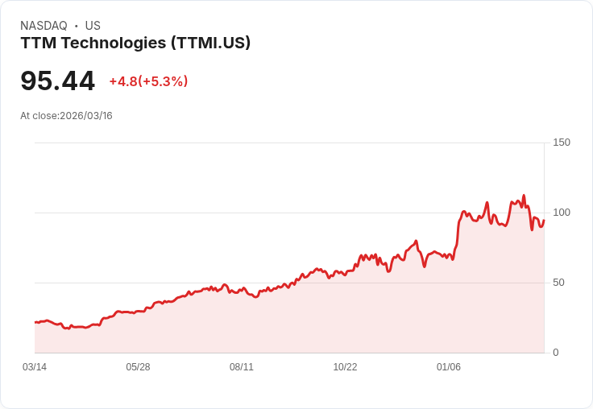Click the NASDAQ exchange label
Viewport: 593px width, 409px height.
point(44,26)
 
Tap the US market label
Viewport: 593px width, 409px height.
point(93,26)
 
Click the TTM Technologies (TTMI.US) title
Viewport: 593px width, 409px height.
point(135,43)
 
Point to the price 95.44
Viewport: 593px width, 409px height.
point(57,81)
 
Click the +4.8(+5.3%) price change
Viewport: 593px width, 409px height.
point(148,81)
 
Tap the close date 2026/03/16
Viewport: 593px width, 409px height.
point(86,116)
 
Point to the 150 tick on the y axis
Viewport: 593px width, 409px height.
point(561,143)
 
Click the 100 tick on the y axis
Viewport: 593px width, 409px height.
point(561,213)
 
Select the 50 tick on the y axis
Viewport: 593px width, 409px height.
point(558,283)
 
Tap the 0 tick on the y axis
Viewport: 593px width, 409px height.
point(555,353)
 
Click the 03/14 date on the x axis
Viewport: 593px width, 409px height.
point(35,367)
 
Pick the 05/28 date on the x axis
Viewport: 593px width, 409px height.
point(138,367)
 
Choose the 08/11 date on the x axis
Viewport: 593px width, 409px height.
point(242,367)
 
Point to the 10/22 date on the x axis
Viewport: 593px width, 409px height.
point(345,367)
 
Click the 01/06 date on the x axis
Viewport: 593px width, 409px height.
point(449,367)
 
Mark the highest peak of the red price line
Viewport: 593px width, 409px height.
point(524,195)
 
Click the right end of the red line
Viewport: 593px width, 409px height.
point(544,221)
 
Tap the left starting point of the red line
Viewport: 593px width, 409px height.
point(35,322)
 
